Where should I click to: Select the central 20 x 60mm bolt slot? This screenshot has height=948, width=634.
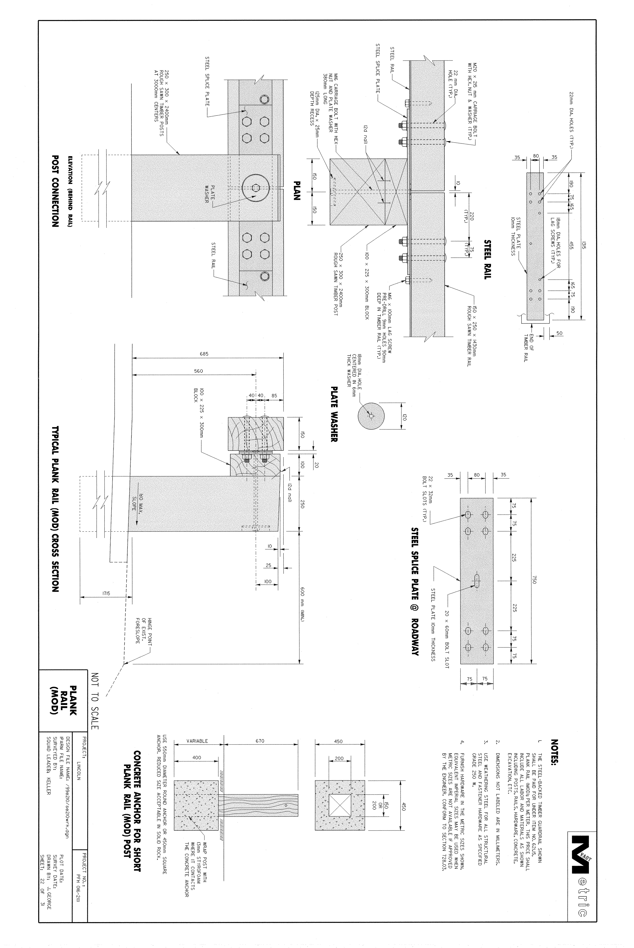point(477,581)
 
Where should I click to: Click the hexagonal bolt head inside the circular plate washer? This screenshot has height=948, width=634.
point(256,187)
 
